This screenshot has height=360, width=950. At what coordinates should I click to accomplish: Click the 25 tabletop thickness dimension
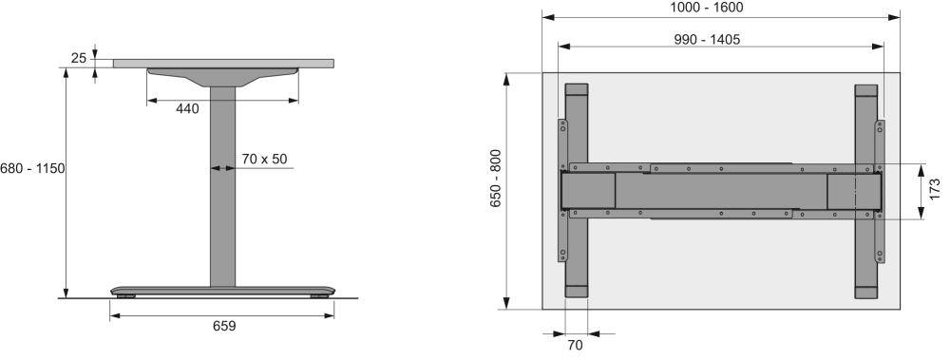pyautogui.click(x=79, y=58)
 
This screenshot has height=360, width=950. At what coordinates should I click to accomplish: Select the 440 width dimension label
pyautogui.click(x=187, y=109)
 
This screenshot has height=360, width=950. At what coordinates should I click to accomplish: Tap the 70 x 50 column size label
pyautogui.click(x=264, y=159)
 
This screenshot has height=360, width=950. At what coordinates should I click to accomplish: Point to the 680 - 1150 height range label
pyautogui.click(x=31, y=168)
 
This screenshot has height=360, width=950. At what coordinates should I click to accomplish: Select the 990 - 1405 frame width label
pyautogui.click(x=708, y=39)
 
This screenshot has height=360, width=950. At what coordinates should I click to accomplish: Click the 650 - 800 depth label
pyautogui.click(x=496, y=190)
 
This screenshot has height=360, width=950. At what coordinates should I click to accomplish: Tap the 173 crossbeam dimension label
pyautogui.click(x=935, y=191)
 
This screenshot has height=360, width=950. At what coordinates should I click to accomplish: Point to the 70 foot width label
pyautogui.click(x=575, y=346)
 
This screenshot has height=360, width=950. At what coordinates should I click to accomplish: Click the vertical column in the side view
pyautogui.click(x=222, y=190)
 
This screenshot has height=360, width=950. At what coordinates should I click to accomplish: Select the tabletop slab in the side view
pyautogui.click(x=224, y=64)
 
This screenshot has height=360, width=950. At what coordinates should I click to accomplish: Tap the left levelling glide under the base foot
pyautogui.click(x=126, y=296)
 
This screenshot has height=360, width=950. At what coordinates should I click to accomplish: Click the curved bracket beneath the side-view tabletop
pyautogui.click(x=222, y=76)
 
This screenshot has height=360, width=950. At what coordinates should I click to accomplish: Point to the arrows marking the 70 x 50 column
pyautogui.click(x=222, y=169)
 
